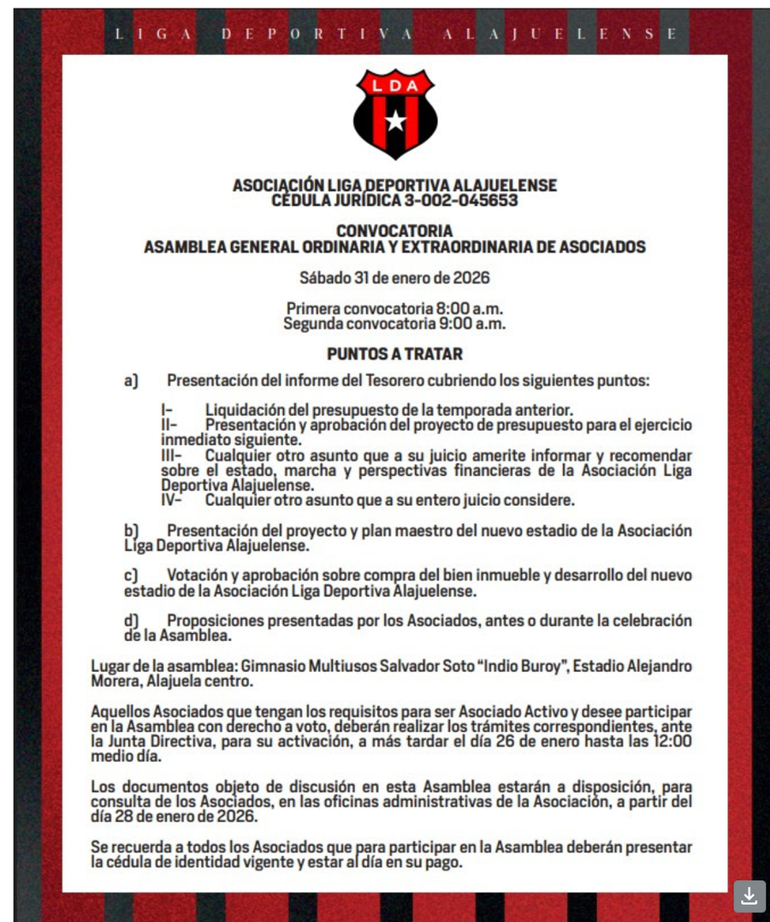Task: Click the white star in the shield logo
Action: [395, 120]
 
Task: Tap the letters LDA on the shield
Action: [395, 85]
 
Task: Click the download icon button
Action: [749, 895]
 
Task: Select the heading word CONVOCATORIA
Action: [394, 231]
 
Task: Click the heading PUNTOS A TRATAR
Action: [394, 354]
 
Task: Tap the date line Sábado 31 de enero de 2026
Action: [394, 277]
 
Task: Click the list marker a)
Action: [131, 380]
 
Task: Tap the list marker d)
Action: [131, 621]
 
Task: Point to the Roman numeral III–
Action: [171, 455]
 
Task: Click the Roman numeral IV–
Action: [171, 500]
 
